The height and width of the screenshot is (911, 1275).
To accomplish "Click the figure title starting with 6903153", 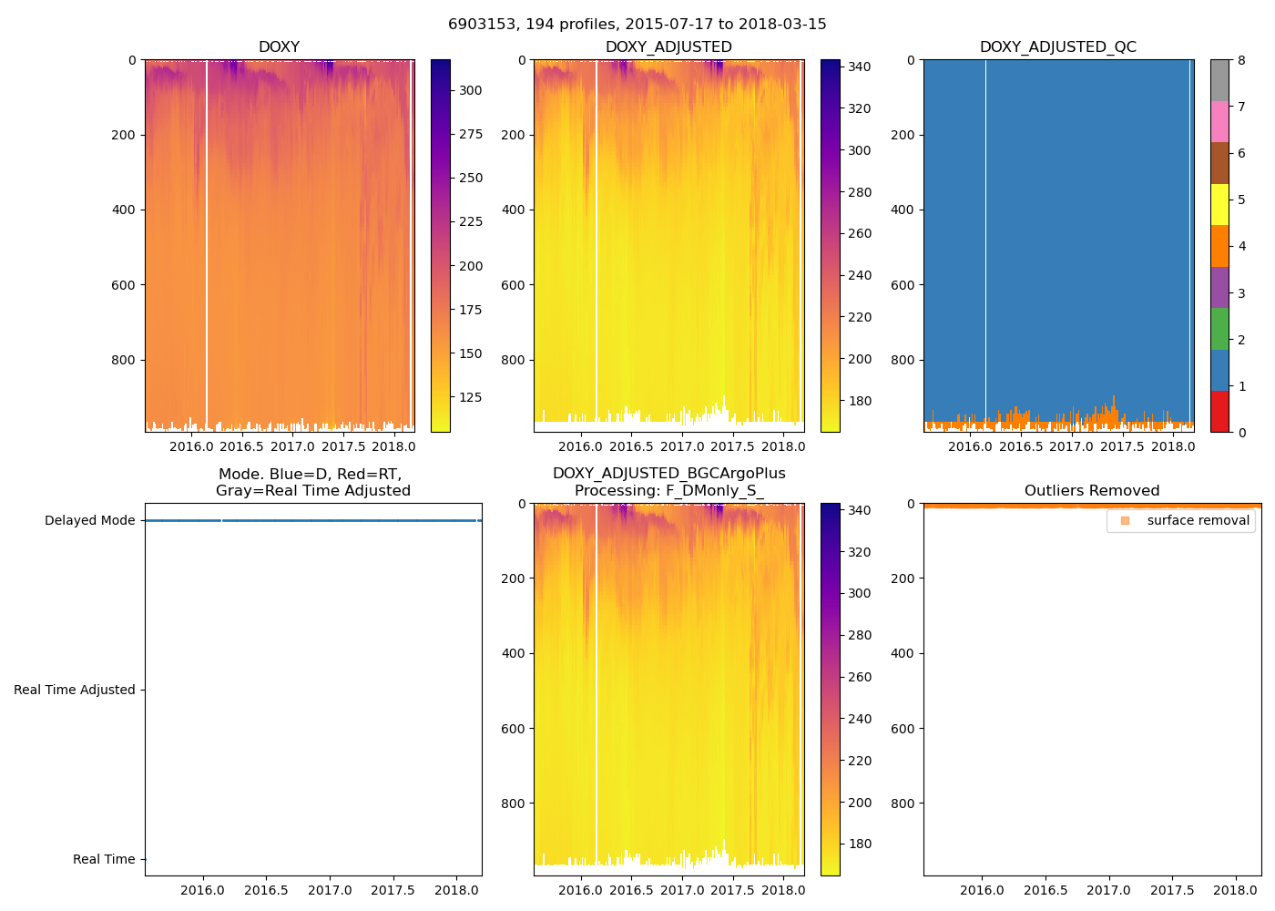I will [x=637, y=25].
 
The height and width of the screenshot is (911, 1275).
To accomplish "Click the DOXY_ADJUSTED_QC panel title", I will [x=1057, y=47].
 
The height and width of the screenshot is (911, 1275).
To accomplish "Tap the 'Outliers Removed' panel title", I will [x=1091, y=491].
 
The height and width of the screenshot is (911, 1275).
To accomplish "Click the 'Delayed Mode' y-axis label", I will [x=89, y=520].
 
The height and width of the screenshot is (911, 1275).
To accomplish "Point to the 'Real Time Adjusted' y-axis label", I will [x=74, y=690].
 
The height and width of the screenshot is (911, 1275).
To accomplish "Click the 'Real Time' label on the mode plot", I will [x=103, y=859].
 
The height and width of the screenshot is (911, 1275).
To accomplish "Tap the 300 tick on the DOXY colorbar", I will [x=470, y=90].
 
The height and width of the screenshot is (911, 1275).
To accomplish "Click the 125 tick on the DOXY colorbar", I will [x=470, y=397].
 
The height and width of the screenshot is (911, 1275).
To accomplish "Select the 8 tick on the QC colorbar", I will [x=1241, y=60].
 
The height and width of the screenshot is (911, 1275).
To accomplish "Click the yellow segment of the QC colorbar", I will [x=1219, y=205].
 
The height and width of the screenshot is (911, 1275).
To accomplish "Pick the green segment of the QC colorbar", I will [x=1219, y=329].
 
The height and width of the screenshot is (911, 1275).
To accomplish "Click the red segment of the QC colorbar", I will [x=1219, y=412].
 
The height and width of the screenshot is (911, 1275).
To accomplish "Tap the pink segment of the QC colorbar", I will [x=1219, y=122].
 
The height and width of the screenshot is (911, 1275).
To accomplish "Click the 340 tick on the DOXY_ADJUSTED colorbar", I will [x=860, y=67].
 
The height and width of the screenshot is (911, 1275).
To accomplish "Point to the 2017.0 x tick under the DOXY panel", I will [x=292, y=446].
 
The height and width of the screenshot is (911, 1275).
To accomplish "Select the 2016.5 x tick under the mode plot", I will [x=266, y=890].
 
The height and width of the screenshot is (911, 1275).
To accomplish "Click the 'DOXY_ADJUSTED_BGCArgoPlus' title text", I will [x=668, y=474].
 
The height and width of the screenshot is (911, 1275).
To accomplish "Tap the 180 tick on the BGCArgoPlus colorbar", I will [x=860, y=844].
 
